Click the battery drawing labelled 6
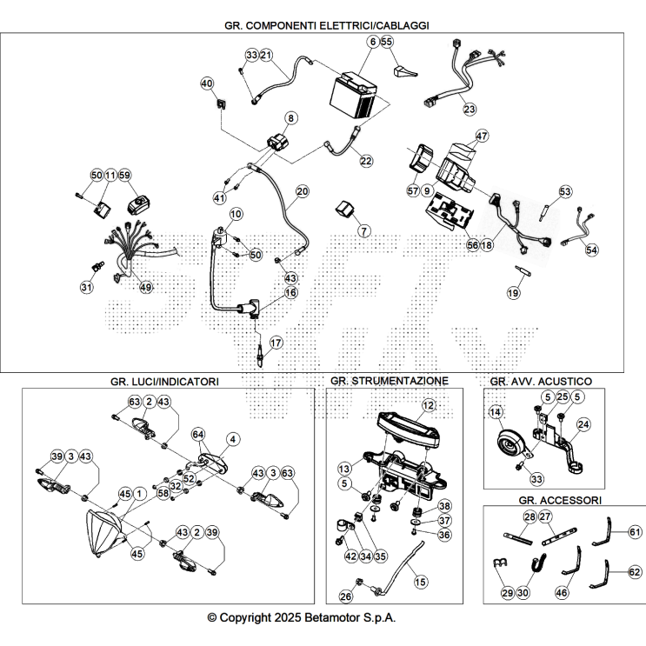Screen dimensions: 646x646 point(354,95)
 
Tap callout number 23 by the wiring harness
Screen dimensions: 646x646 point(470,110)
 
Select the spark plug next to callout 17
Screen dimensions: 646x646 point(260,353)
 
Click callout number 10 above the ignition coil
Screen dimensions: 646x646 point(236,214)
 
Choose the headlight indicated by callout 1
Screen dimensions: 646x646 point(103,533)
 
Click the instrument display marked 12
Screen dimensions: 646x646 point(408,431)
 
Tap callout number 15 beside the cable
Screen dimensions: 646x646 point(420,582)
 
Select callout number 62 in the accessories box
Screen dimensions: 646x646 point(635,572)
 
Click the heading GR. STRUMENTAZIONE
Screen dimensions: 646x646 point(390,381)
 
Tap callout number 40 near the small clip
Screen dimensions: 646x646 point(207,83)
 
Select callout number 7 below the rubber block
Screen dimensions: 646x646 point(363,230)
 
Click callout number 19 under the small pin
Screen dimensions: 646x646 point(513,293)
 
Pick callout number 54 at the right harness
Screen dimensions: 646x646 point(591,250)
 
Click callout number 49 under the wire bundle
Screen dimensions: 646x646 point(146,287)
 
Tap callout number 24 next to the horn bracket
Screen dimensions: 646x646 point(583,424)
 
